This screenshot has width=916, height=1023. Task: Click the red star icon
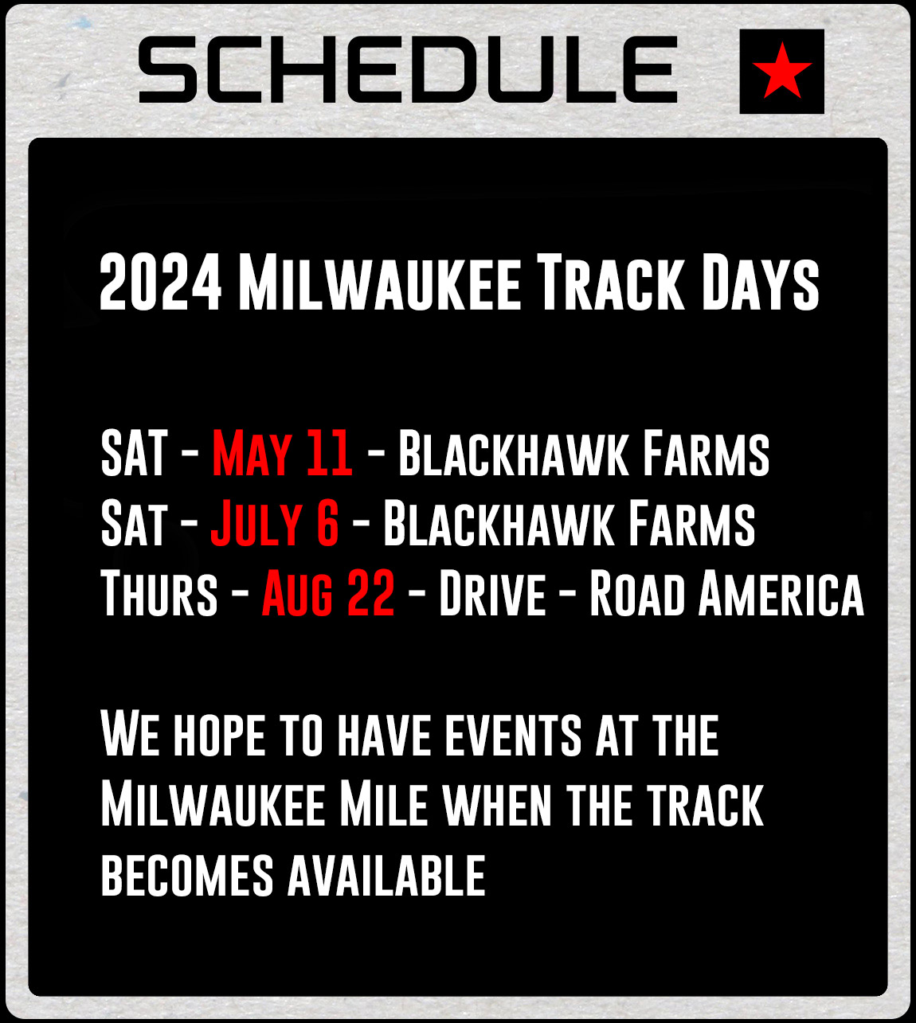pos(781,71)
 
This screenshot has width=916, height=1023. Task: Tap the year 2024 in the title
pos(160,283)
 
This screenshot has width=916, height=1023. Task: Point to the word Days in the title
pos(760,283)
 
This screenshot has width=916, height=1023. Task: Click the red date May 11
pos(282,454)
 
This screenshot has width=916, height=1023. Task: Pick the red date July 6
pos(275,524)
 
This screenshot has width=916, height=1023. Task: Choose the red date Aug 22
pos(328,594)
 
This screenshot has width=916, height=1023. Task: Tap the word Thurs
pos(159,594)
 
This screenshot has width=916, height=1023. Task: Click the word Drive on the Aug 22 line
pos(492,594)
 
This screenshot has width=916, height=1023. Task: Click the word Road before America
pos(636,594)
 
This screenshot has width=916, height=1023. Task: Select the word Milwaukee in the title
pos(379,283)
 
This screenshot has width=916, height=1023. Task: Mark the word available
pos(386,876)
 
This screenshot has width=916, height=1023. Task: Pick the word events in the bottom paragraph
pos(513,735)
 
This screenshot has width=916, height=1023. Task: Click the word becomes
pos(187,876)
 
